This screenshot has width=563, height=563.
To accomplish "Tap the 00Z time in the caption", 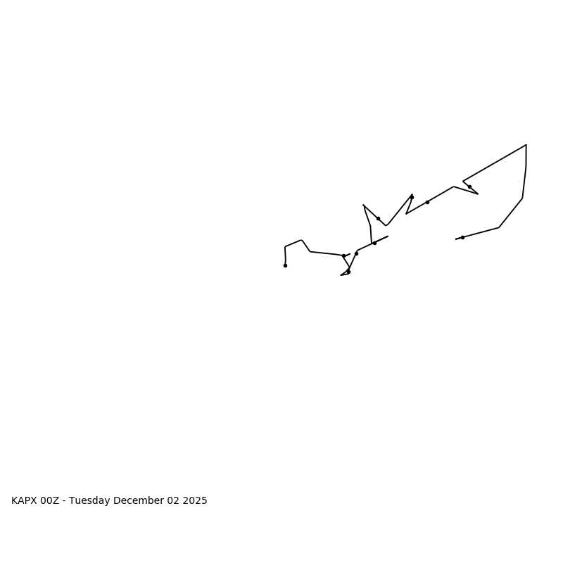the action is [x=50, y=501].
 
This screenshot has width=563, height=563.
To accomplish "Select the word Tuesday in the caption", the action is [x=89, y=501].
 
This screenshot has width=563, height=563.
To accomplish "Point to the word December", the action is [x=138, y=501].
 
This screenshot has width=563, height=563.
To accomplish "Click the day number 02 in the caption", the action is [x=173, y=501].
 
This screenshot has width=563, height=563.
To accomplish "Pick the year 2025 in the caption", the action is [x=195, y=501].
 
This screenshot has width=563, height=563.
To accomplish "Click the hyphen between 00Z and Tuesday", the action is [x=64, y=501].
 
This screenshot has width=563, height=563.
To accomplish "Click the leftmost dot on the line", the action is [x=285, y=265].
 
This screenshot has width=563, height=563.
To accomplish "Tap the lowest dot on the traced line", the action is [x=348, y=272].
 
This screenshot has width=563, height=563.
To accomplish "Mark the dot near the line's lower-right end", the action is [x=462, y=237].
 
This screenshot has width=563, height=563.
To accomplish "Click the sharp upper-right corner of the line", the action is [x=526, y=145].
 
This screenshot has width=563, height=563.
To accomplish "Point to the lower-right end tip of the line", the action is [x=456, y=239].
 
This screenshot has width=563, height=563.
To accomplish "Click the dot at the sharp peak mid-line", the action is [x=412, y=197].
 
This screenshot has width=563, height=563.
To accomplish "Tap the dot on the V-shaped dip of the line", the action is [x=378, y=218].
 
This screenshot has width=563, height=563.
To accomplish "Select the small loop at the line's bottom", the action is [x=346, y=273].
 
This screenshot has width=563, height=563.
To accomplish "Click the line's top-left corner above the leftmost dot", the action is [x=285, y=246].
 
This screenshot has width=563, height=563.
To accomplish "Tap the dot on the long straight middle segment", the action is [x=427, y=202].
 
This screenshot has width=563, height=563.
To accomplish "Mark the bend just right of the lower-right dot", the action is [x=499, y=227].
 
